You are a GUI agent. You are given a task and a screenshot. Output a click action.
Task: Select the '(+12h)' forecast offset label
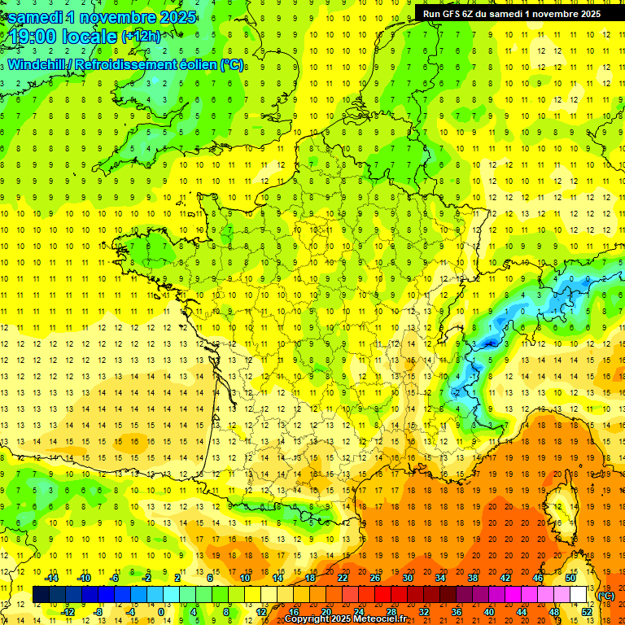140,37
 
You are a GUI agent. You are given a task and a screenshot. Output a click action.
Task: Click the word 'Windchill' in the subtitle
37,64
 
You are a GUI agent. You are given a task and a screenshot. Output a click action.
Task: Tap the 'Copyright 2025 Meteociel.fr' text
345,619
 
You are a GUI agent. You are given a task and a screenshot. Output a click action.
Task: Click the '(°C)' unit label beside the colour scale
605,596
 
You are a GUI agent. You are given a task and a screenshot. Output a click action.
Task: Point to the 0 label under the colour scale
160,612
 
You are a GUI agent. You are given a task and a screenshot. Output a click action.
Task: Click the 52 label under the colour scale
587,612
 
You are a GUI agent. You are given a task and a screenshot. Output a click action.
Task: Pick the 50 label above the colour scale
570,578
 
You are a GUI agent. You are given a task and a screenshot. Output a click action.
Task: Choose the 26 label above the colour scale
375,578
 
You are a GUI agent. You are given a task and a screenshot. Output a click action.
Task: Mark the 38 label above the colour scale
473,578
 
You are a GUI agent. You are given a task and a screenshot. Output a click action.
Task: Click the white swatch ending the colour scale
579,595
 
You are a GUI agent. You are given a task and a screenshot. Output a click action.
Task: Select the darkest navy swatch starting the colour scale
41,595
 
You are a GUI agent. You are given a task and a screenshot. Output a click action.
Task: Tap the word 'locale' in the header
90,37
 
